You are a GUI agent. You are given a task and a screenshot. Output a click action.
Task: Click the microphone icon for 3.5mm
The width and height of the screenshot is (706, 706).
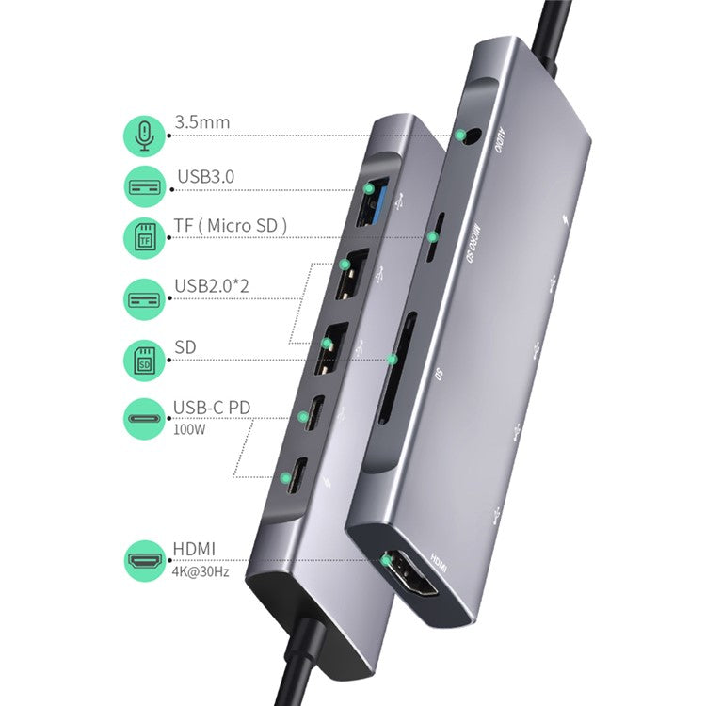144,136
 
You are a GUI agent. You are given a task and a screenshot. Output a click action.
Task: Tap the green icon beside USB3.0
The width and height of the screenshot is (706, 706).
144,185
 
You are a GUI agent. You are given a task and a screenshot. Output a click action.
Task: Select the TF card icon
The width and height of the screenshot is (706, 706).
144,237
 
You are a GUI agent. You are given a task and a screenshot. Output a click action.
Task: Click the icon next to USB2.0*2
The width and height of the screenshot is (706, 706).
144,299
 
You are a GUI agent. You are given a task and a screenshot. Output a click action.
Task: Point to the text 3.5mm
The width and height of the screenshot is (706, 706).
201,122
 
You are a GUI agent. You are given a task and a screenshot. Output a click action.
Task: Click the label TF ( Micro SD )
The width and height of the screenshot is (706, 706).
231,225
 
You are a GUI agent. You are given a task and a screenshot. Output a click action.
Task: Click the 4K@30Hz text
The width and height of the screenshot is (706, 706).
201,570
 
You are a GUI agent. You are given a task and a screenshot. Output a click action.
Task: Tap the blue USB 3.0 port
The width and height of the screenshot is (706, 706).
366,201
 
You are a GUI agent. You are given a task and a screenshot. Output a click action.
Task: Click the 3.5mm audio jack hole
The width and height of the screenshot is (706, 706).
465,136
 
